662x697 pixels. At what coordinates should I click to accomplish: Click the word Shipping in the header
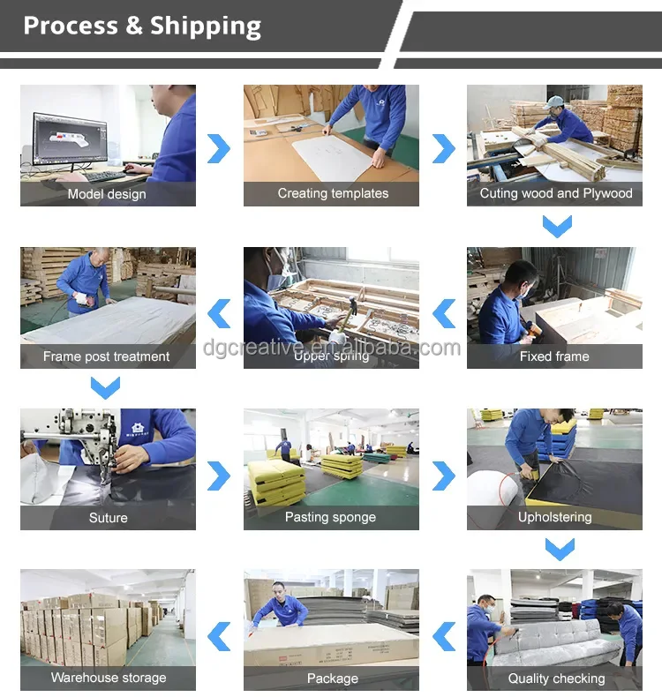[x=206, y=26]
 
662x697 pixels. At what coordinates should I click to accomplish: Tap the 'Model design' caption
[x=107, y=194]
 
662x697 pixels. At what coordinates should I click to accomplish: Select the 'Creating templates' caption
[x=333, y=193]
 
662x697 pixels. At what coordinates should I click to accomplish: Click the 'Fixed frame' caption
[x=554, y=356]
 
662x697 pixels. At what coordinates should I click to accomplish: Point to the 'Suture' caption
[x=108, y=518]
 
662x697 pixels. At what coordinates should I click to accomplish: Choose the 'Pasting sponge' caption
[x=330, y=517]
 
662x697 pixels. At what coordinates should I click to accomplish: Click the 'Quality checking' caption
[x=556, y=678]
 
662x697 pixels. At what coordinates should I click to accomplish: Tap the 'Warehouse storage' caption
[x=109, y=678]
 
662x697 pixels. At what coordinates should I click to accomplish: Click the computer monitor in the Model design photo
[x=71, y=138]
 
